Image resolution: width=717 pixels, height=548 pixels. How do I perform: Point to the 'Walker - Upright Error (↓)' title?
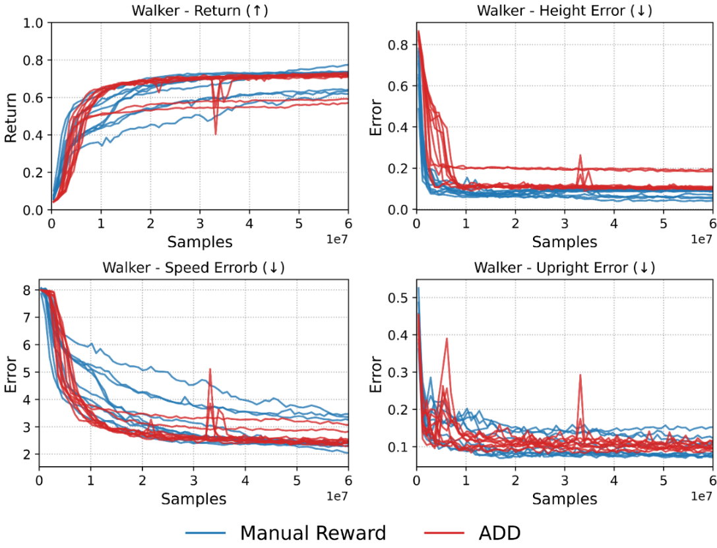point(565,268)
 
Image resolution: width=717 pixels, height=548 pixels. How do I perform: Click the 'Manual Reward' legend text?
point(313,533)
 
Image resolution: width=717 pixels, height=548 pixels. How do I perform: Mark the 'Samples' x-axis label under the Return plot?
point(200,242)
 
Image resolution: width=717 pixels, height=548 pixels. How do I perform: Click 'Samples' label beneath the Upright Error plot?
point(565,499)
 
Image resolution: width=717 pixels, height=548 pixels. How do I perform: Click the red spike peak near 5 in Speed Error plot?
point(210,369)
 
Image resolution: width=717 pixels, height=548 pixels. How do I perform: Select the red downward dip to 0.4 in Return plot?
point(216,134)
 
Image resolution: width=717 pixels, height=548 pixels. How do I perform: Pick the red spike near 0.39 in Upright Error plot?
point(447,339)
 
